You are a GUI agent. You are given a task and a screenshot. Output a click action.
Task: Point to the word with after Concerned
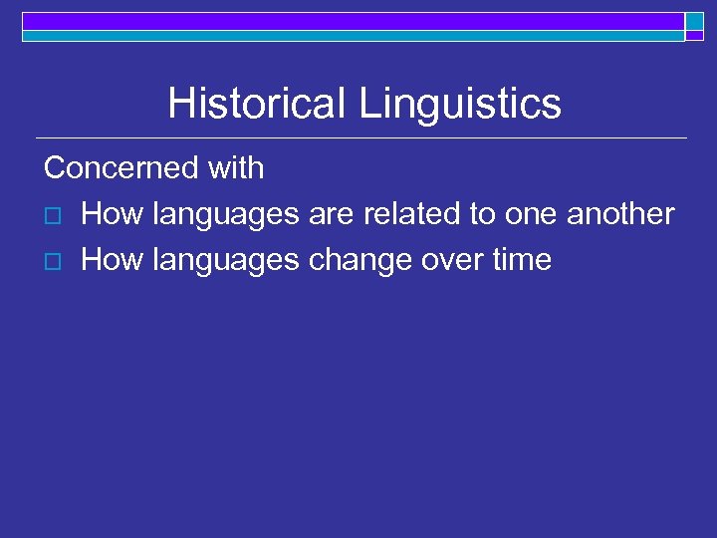(236, 168)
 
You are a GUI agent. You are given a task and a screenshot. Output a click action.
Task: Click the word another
(620, 214)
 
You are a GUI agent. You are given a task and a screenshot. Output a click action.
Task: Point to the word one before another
(531, 214)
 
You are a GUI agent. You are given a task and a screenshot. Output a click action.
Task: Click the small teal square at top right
(694, 21)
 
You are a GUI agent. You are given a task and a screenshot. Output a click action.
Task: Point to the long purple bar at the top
(354, 21)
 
